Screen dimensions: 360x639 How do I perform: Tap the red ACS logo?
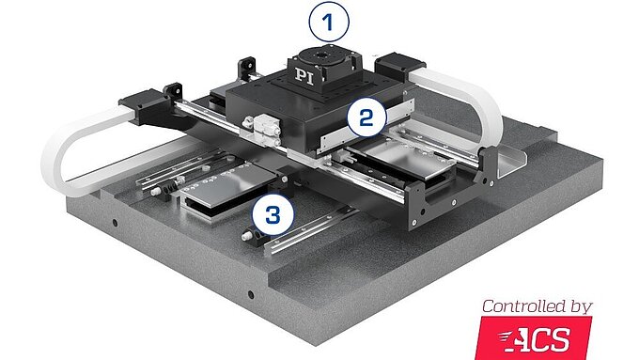tap(536, 337)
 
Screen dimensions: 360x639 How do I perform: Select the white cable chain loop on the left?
tap(80, 150)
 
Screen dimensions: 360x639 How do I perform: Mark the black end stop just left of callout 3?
tap(251, 236)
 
